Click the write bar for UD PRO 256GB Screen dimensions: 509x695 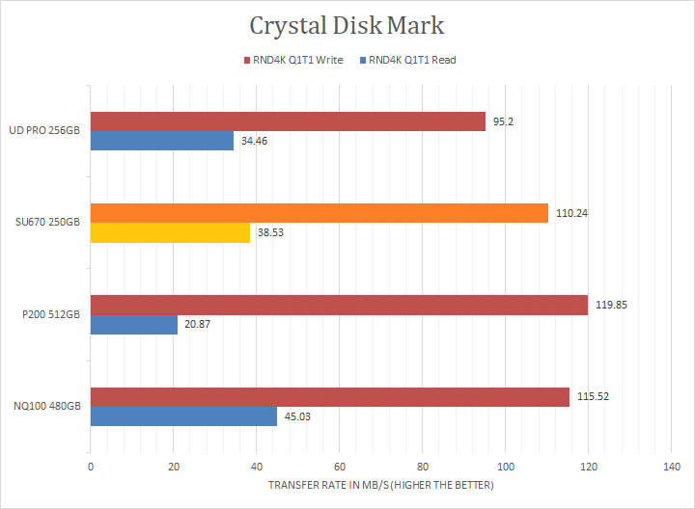click(288, 121)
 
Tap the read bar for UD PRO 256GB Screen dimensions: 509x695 click(162, 141)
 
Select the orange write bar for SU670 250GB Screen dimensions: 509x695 click(319, 213)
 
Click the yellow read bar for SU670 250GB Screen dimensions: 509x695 click(170, 232)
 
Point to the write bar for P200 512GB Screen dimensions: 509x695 click(339, 305)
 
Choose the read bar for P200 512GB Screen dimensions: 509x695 click(133, 324)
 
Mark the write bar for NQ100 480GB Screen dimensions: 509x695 click(330, 397)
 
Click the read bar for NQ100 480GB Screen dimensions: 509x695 click(183, 416)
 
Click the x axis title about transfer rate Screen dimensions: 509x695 click(380, 485)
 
